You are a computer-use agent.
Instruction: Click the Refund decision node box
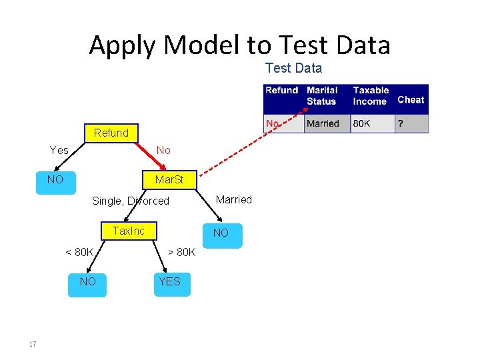click(111, 133)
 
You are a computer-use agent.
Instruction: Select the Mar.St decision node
click(169, 180)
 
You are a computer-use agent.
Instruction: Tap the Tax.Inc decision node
click(128, 231)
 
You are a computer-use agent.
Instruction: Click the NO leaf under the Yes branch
click(55, 180)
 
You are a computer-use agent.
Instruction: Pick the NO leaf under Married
click(221, 233)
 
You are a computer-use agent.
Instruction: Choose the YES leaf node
click(169, 282)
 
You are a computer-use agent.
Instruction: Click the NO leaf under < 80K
click(87, 282)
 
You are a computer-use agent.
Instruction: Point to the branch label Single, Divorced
click(131, 201)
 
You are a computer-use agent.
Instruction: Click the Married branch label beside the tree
click(234, 199)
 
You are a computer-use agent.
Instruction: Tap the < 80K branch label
click(79, 252)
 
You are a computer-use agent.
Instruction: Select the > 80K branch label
click(181, 252)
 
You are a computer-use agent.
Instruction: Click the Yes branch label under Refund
click(59, 151)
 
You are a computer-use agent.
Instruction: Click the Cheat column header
click(411, 100)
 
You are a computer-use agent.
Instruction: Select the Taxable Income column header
click(371, 96)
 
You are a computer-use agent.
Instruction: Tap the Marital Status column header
click(322, 96)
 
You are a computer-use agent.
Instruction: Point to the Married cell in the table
click(323, 124)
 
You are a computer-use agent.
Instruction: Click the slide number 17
click(32, 344)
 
